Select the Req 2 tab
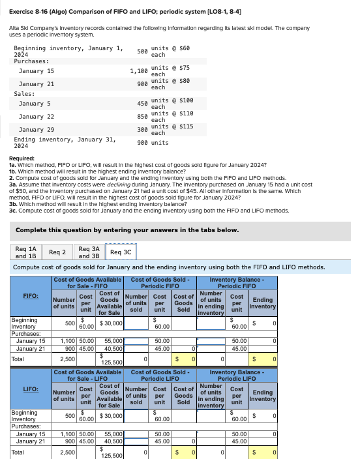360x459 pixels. tap(59, 252)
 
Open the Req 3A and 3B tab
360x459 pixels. tap(89, 252)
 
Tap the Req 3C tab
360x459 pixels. tap(121, 252)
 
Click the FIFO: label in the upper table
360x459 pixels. tap(30, 295)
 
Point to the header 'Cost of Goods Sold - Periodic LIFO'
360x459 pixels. tap(160, 375)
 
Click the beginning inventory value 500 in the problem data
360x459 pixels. tap(142, 51)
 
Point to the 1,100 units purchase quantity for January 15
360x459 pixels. tap(138, 70)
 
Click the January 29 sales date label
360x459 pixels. tap(37, 130)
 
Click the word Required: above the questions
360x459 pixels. tap(22, 159)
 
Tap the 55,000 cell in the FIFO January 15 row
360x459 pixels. tap(113, 340)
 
